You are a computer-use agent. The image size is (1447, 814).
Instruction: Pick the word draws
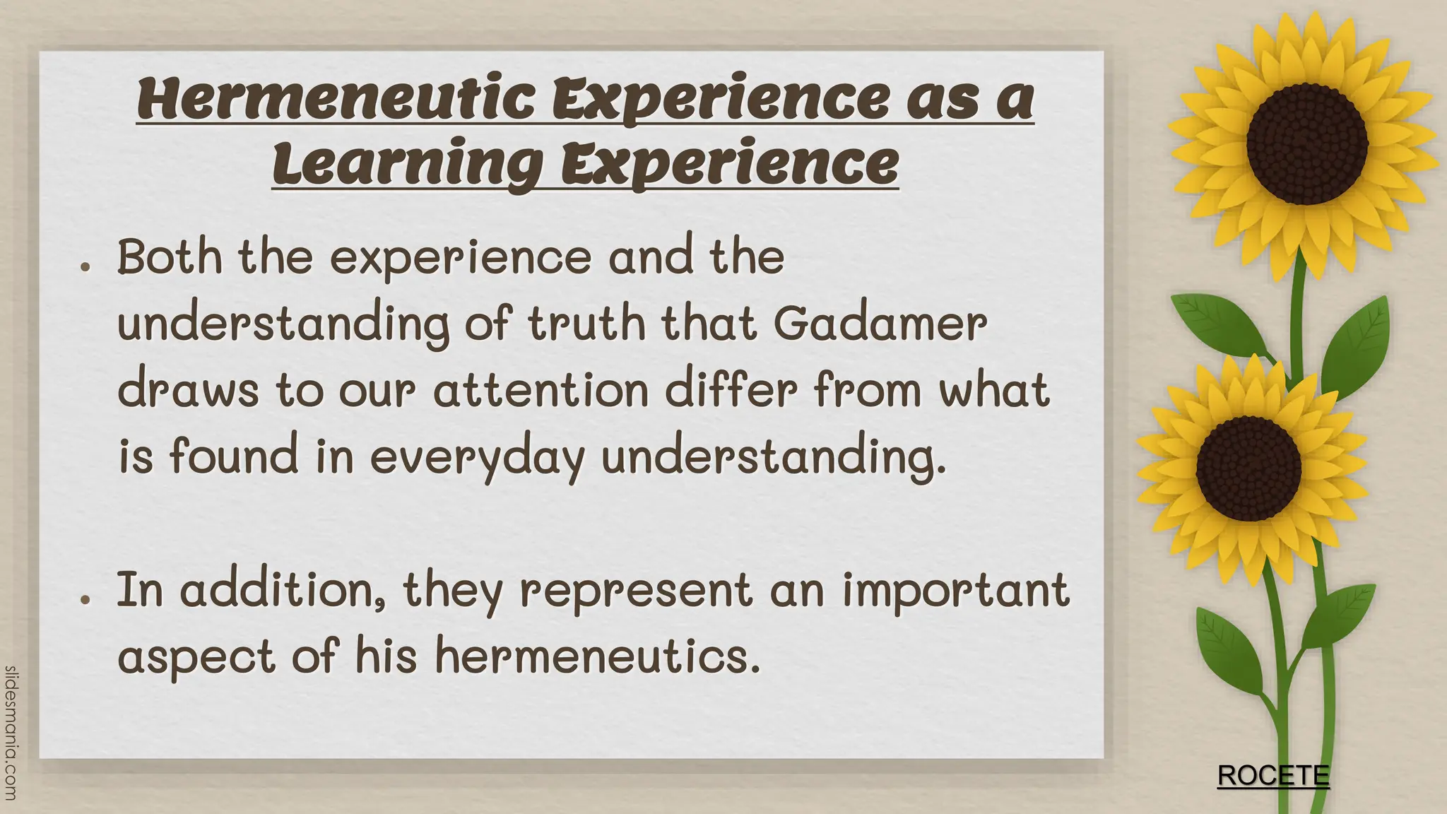click(188, 389)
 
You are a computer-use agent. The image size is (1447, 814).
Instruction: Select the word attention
click(541, 389)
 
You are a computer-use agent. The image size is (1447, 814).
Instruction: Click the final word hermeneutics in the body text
click(598, 656)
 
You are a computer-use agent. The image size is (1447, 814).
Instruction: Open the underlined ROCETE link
click(1273, 776)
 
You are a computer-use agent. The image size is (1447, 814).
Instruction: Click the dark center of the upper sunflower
click(1306, 144)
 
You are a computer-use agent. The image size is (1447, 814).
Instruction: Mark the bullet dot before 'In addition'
click(85, 598)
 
